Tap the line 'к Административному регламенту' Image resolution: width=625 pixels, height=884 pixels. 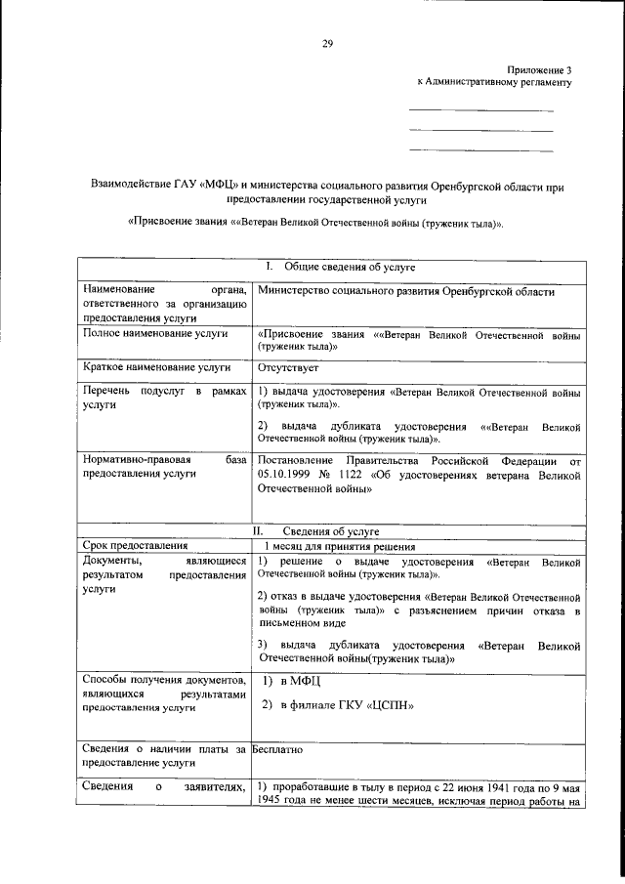(494, 83)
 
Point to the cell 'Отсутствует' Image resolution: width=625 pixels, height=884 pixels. (288, 367)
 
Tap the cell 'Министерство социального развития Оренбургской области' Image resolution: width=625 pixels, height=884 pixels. (406, 291)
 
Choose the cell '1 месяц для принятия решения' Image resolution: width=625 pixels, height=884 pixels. (338, 547)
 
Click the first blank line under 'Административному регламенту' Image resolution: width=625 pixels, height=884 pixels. (480, 110)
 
